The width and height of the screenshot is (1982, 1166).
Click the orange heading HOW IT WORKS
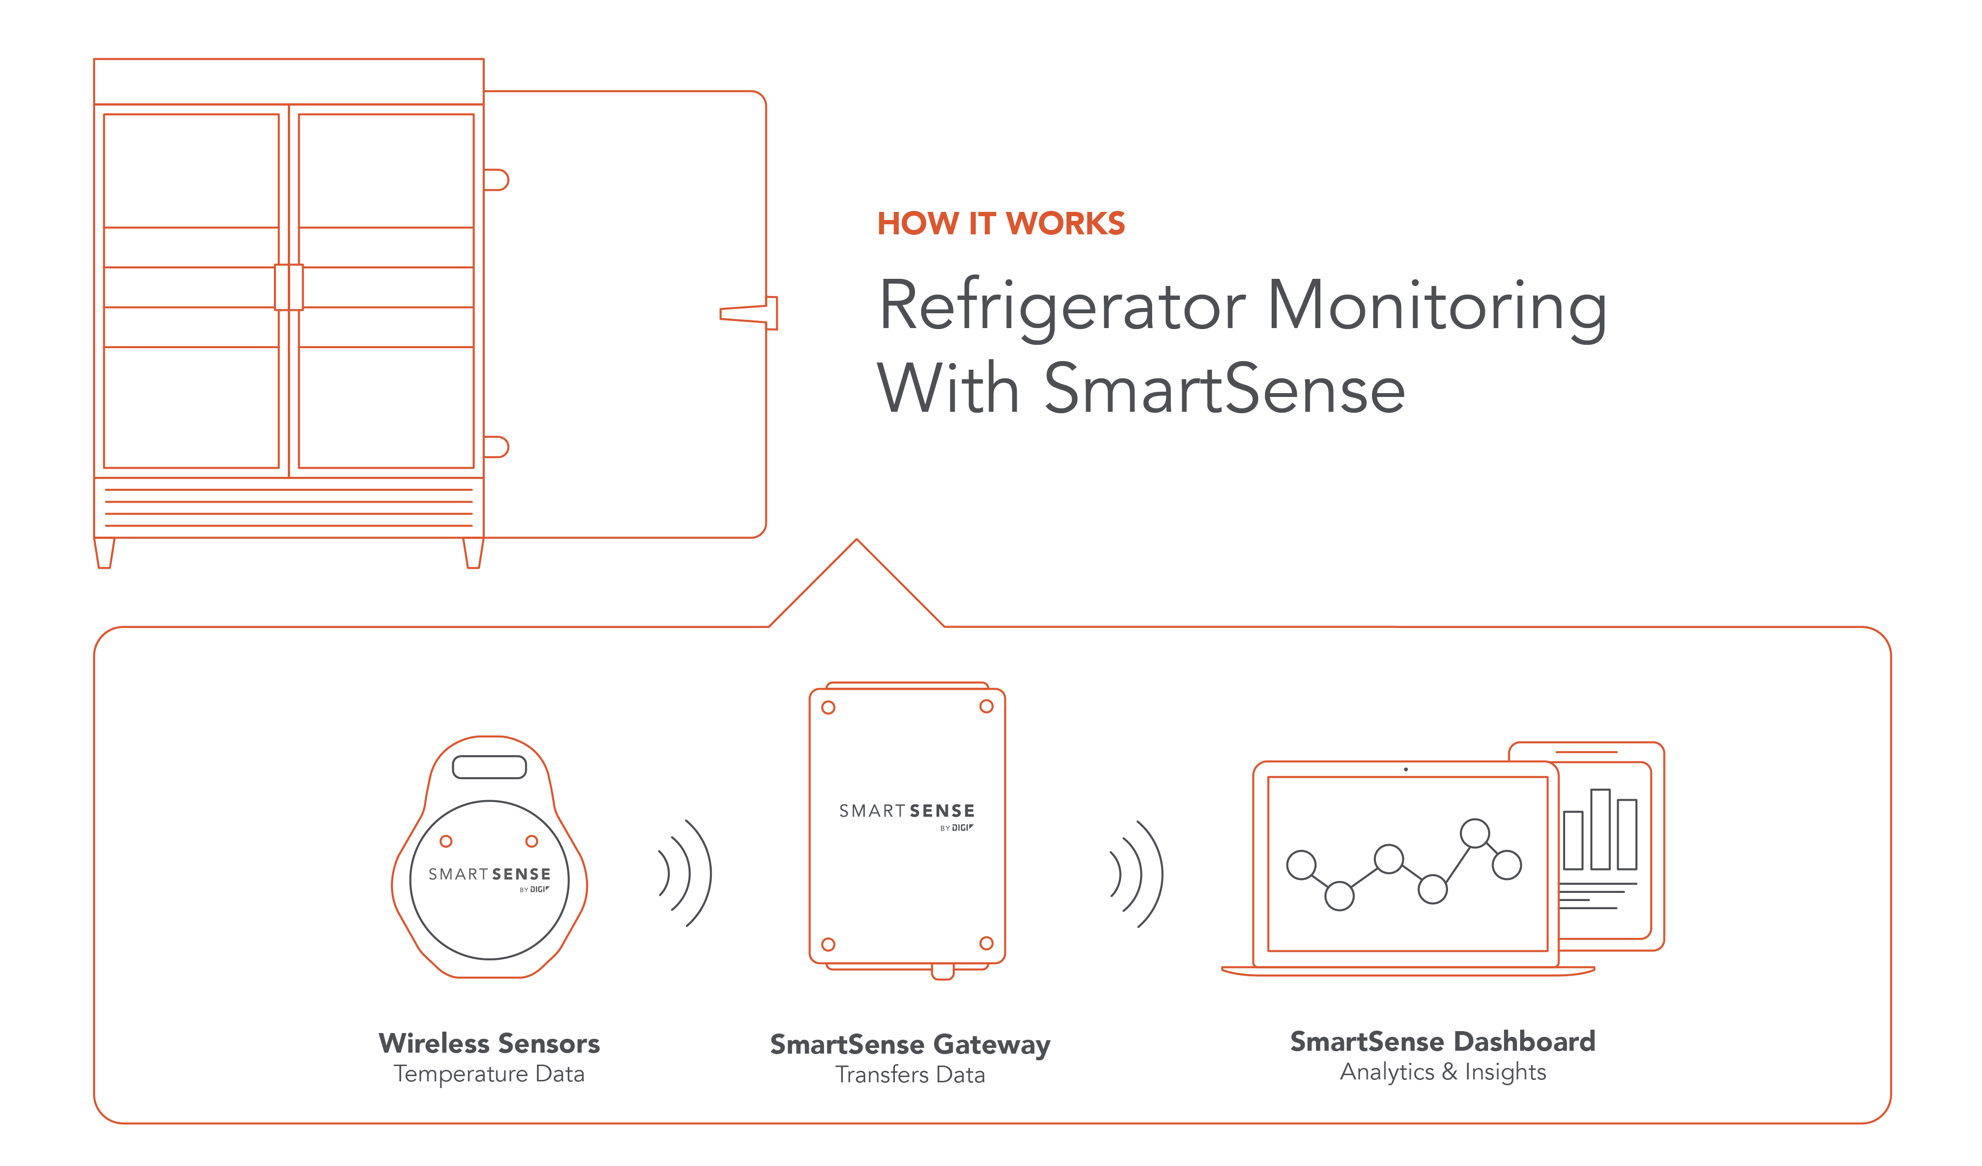point(1001,223)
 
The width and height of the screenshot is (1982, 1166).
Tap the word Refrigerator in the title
point(1062,307)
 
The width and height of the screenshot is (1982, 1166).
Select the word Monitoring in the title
point(1437,307)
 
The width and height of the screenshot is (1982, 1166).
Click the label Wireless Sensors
point(489,1043)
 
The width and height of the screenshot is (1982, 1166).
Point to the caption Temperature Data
point(489,1074)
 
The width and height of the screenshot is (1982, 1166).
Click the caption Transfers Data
point(910,1075)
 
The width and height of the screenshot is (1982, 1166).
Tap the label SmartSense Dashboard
point(1442,1042)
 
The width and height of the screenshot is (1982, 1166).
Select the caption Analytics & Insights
point(1442,1072)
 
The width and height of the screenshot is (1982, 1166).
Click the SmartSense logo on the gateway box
point(907,812)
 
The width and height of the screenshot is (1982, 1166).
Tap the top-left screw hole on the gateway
point(828,707)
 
